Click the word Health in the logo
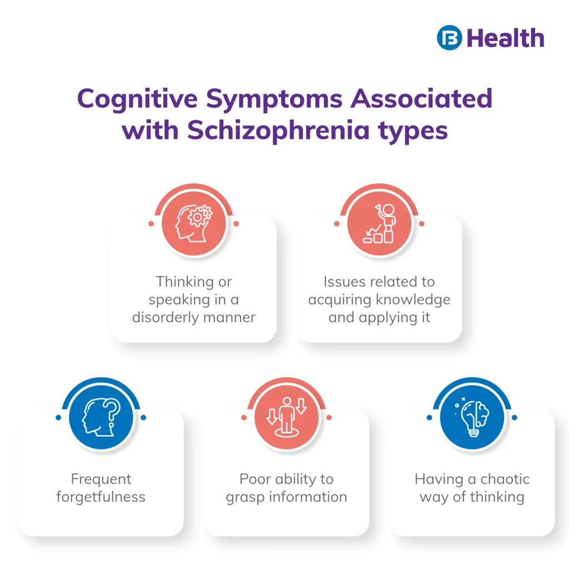[505, 38]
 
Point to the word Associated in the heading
[422, 99]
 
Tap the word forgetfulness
[101, 496]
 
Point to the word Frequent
[101, 478]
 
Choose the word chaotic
[502, 478]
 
